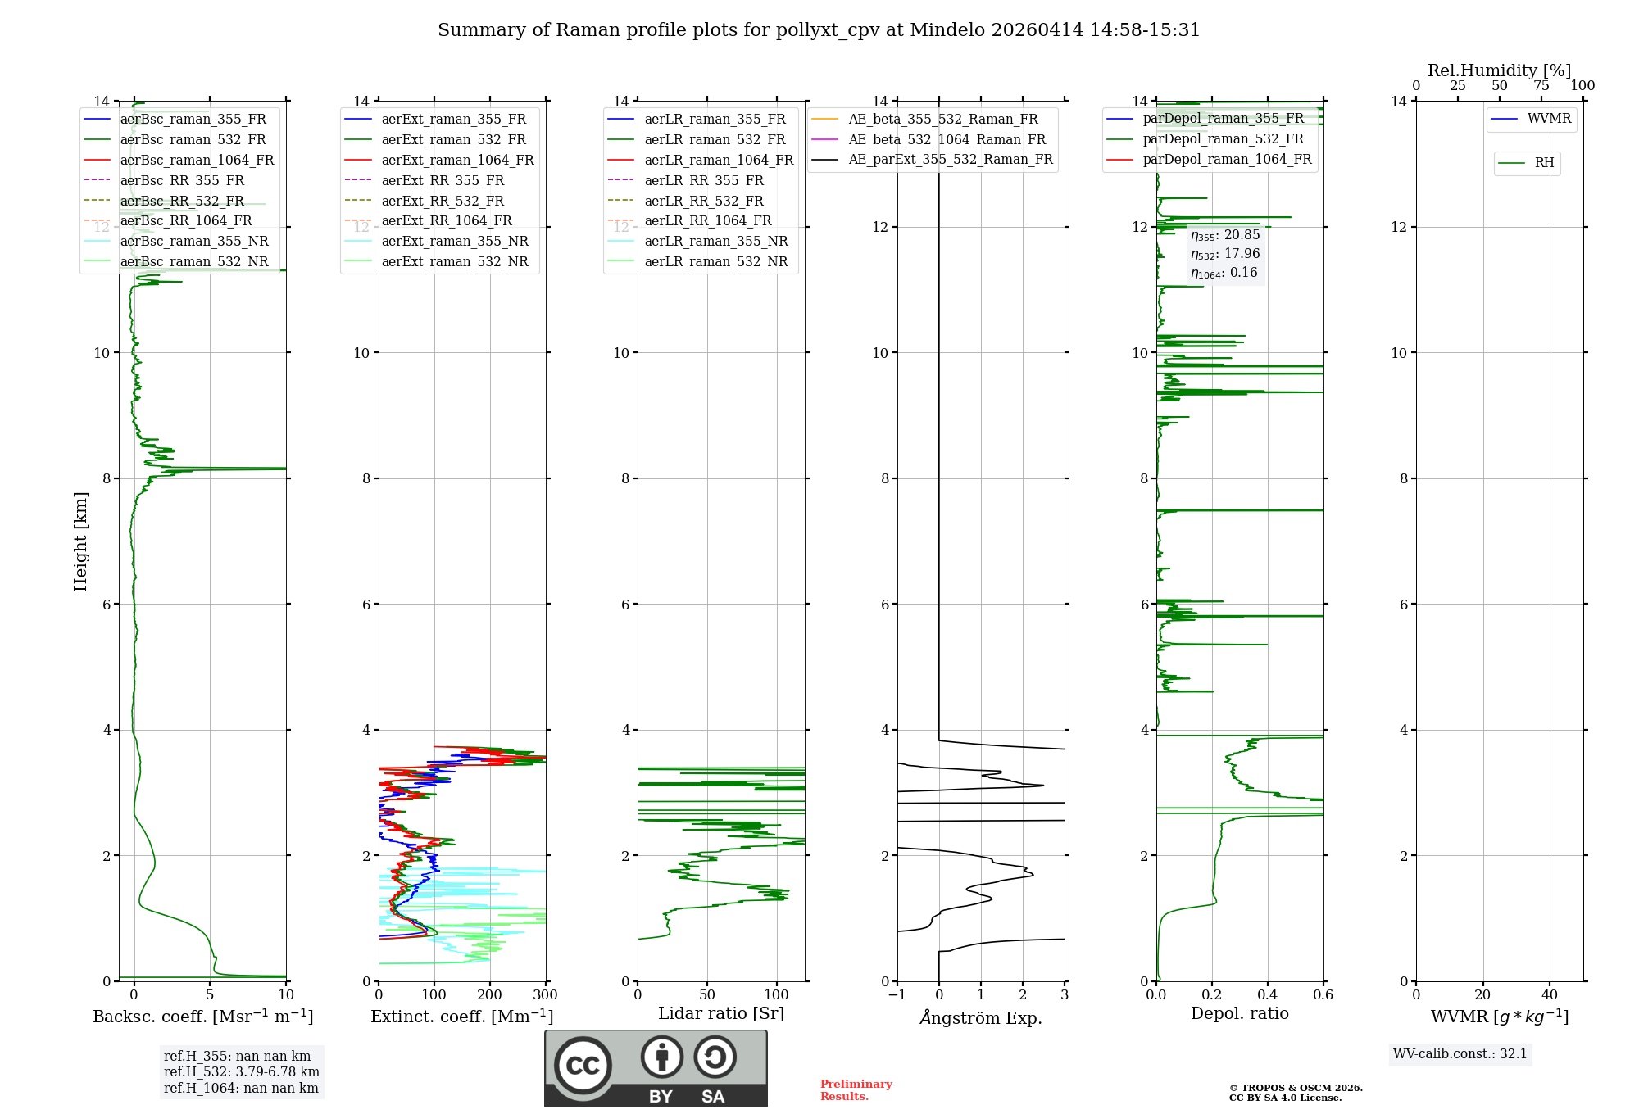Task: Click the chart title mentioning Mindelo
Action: coord(819,30)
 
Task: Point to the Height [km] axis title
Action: coord(80,541)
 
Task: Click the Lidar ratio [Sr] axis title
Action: coord(721,1013)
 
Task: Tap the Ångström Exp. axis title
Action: coord(981,1017)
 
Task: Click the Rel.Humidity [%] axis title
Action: coord(1500,70)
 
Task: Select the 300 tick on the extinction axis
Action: coord(545,995)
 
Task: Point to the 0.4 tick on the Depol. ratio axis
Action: coord(1268,995)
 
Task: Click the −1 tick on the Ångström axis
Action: coord(897,995)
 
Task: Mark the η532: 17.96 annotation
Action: coord(1225,254)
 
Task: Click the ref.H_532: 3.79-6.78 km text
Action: coord(242,1071)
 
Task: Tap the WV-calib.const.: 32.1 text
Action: coord(1460,1053)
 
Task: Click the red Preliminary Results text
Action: coord(856,1089)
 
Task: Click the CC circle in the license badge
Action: coord(583,1066)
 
